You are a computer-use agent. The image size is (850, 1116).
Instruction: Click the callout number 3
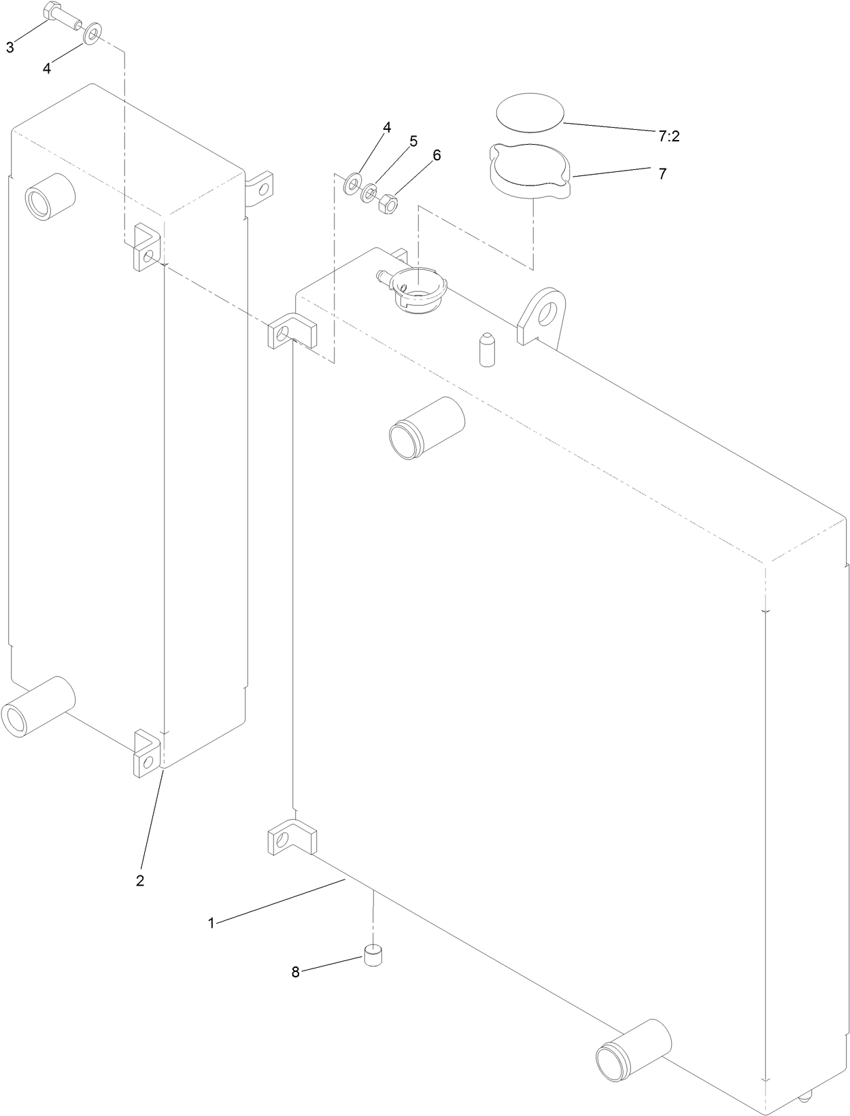[x=10, y=48]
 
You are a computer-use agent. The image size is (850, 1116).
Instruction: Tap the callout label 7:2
[x=668, y=137]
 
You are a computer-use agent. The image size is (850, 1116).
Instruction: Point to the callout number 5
[x=413, y=141]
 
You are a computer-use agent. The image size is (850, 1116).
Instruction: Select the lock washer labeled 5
[x=369, y=193]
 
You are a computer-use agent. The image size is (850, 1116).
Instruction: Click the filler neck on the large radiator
[x=418, y=290]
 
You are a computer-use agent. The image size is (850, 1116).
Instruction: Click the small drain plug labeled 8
[x=373, y=956]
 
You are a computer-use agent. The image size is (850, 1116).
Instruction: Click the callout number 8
[x=295, y=973]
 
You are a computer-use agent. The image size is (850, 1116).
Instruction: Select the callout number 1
[x=211, y=923]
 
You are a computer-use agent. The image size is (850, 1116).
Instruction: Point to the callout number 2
[x=139, y=880]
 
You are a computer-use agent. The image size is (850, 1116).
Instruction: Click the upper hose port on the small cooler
[x=50, y=194]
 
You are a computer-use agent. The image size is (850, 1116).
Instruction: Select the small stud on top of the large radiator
[x=486, y=349]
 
